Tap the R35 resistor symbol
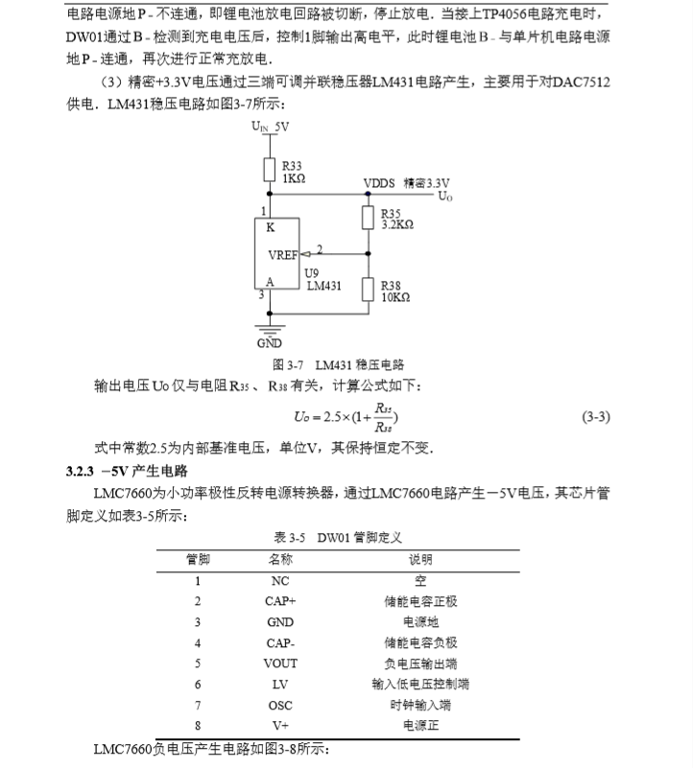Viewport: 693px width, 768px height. [367, 218]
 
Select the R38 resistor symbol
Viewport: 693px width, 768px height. [367, 290]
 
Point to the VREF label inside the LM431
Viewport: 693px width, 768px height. [284, 256]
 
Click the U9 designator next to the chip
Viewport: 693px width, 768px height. [310, 272]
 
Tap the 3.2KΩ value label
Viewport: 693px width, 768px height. [396, 224]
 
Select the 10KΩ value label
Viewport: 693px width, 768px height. [394, 297]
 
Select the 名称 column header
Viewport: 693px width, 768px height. [280, 559]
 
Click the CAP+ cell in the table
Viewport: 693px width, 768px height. [280, 601]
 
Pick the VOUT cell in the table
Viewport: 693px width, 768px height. [280, 663]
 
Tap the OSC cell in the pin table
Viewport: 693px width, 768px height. [280, 705]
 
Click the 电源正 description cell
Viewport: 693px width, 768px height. [420, 726]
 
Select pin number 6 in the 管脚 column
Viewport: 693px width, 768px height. [198, 684]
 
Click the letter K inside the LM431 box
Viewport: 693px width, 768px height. [271, 228]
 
